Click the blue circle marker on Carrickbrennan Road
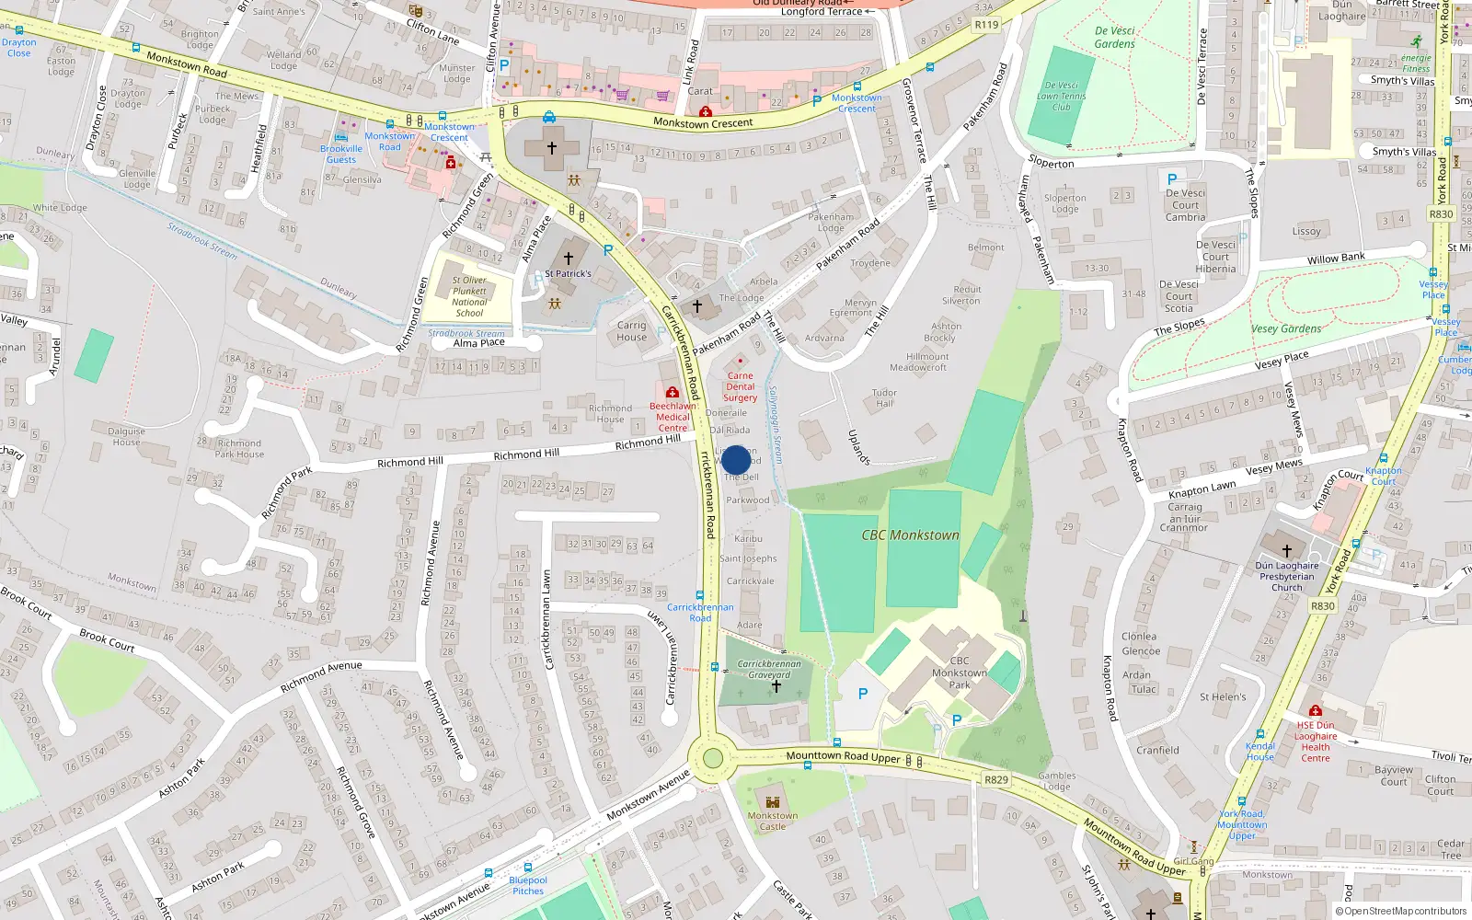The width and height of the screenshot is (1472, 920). click(x=736, y=460)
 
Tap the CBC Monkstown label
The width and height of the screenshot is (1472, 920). click(x=910, y=535)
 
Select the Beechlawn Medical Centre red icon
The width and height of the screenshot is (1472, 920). click(x=673, y=393)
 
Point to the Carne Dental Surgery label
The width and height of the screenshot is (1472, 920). click(x=740, y=386)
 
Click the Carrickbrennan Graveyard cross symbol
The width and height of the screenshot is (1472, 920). click(x=776, y=686)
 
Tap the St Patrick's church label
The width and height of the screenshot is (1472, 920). click(x=568, y=273)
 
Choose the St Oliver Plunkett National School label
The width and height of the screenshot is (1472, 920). click(x=469, y=296)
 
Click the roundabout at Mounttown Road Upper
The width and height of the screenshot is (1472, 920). click(x=712, y=759)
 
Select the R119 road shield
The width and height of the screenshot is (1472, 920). click(x=986, y=25)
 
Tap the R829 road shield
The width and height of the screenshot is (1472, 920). click(x=996, y=779)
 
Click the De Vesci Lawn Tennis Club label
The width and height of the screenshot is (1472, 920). click(x=1061, y=96)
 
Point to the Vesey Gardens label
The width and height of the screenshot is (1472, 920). click(x=1286, y=328)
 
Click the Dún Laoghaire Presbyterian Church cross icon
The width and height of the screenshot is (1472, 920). click(x=1286, y=550)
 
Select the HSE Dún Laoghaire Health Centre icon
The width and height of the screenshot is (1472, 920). click(x=1316, y=711)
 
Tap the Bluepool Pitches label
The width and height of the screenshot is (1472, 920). click(x=528, y=885)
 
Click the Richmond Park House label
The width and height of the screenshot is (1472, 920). click(x=239, y=448)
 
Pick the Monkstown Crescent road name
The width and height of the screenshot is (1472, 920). click(x=703, y=122)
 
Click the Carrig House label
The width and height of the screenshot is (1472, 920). click(x=631, y=331)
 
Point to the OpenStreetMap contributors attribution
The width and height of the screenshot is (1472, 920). click(x=1401, y=911)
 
